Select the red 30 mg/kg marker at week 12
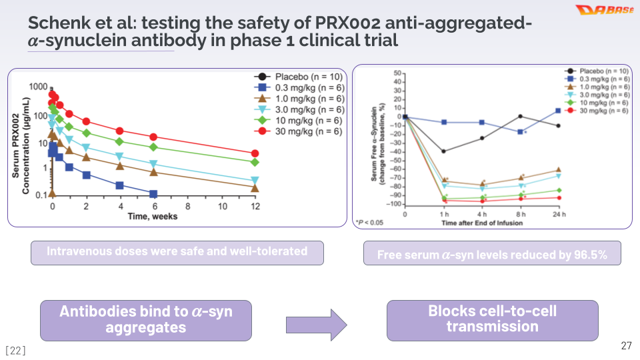255,153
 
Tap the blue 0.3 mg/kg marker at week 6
153,194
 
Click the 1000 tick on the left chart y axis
37,87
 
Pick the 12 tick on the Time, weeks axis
255,206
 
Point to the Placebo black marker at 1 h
443,151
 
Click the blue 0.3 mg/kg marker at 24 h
558,111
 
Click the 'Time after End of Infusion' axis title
482,223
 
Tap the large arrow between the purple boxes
317,325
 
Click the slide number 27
625,345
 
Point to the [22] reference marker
15,350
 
